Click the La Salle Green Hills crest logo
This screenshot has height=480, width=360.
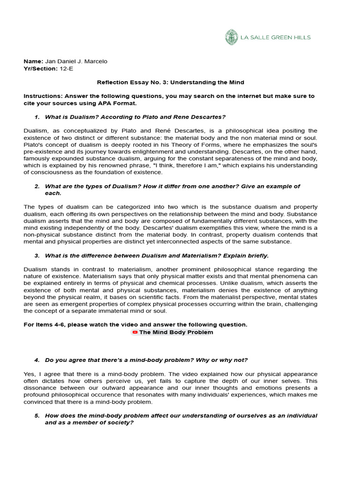click(231, 37)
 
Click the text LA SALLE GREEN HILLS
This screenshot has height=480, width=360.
click(275, 37)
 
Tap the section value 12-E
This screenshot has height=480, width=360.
click(66, 68)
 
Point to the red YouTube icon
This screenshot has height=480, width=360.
click(135, 332)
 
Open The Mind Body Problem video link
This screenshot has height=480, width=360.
click(176, 332)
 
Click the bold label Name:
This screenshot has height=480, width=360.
click(33, 61)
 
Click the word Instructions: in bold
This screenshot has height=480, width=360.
click(44, 96)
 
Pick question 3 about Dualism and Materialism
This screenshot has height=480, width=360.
click(157, 255)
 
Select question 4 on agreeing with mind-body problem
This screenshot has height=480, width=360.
click(146, 360)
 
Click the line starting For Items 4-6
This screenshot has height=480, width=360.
click(135, 325)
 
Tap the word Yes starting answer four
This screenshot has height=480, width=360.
click(29, 374)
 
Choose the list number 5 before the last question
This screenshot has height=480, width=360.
click(37, 416)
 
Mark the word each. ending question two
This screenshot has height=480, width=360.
click(53, 193)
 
